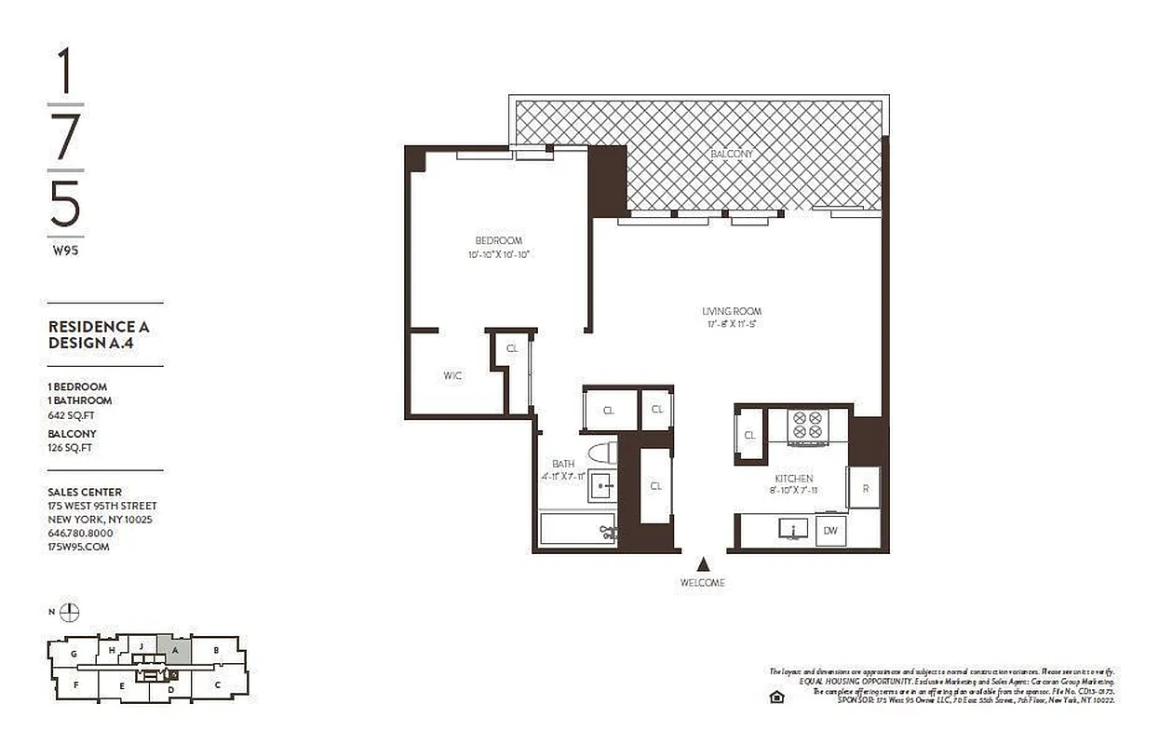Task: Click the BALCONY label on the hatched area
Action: pos(731,154)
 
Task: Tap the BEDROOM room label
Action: pos(499,239)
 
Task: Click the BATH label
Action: pos(563,464)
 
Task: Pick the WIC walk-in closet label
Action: pos(452,376)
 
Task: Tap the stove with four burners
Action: pos(806,426)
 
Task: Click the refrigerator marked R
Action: pos(864,487)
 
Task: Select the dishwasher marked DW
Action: pos(830,531)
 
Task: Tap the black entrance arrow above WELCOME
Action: pos(704,563)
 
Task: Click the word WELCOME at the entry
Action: pos(704,583)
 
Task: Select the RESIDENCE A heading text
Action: pos(98,327)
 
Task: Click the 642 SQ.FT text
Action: pos(72,415)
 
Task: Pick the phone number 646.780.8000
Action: pos(80,533)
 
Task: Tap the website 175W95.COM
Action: pos(78,547)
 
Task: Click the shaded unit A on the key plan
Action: pos(174,650)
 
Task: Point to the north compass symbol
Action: pos(70,612)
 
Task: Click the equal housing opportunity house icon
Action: pos(775,697)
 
